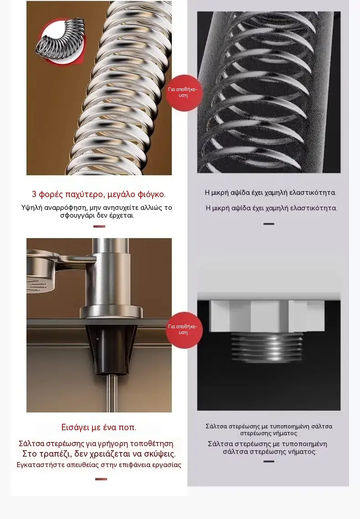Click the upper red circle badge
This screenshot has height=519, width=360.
point(184,93)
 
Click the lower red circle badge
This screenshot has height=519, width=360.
point(184,330)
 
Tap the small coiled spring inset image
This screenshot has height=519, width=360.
point(61,41)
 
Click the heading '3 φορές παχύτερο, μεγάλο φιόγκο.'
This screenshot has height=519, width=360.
point(99,194)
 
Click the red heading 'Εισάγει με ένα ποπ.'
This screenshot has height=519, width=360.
point(99,427)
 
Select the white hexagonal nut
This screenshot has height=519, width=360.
point(267,316)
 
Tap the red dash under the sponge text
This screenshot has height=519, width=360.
point(99,226)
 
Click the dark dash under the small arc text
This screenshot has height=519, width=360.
point(268,224)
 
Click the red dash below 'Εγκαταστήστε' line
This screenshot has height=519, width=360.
point(101,479)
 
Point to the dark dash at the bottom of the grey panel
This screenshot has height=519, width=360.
point(268,461)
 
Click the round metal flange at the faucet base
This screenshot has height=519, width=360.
point(111,311)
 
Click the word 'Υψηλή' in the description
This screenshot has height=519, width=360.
point(31,208)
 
